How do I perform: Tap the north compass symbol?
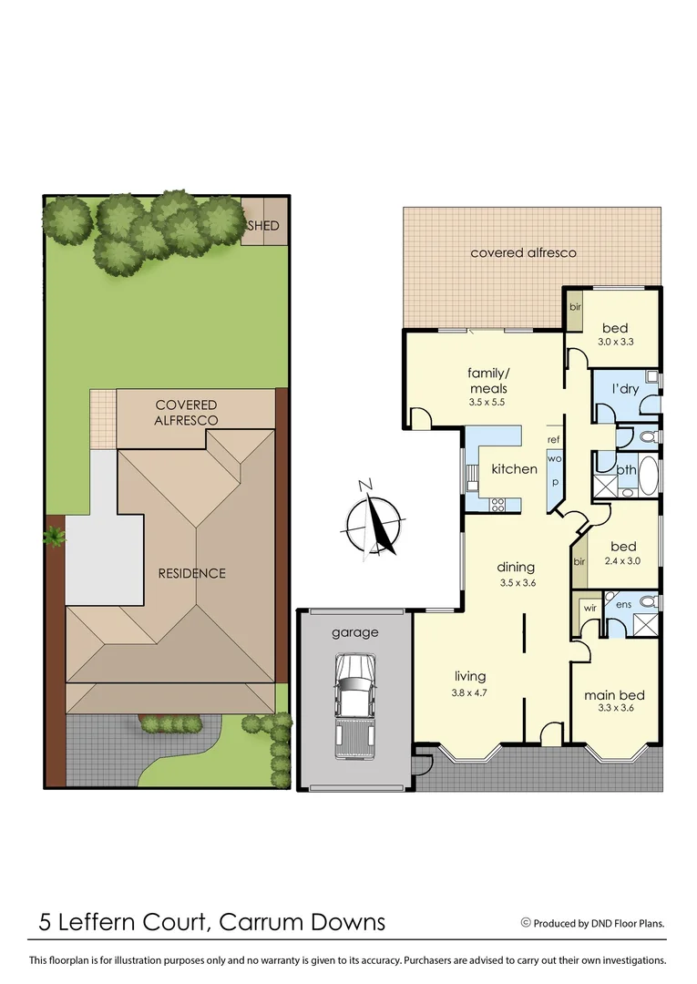click(374, 520)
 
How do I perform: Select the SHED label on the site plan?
click(265, 226)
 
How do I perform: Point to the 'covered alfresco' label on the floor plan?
click(523, 252)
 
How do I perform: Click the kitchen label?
click(515, 469)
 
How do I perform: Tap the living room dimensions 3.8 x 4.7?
click(470, 692)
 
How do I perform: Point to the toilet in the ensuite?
click(648, 601)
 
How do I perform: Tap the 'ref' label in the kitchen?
click(553, 440)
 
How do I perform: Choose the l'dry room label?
click(625, 389)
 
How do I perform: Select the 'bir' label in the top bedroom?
click(575, 307)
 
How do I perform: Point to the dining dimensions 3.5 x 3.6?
click(517, 583)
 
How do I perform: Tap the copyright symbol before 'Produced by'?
click(525, 922)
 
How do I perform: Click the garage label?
click(354, 632)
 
